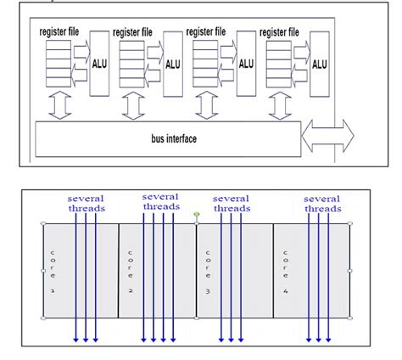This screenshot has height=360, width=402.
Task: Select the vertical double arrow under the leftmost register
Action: [x=59, y=106]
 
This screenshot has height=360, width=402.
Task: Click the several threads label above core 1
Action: [x=87, y=204]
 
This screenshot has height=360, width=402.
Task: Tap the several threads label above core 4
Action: [x=322, y=204]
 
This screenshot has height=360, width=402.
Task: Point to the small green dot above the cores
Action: [x=196, y=216]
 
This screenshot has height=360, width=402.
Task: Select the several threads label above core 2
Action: [x=161, y=202]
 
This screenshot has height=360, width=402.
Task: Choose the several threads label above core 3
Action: [x=232, y=204]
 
